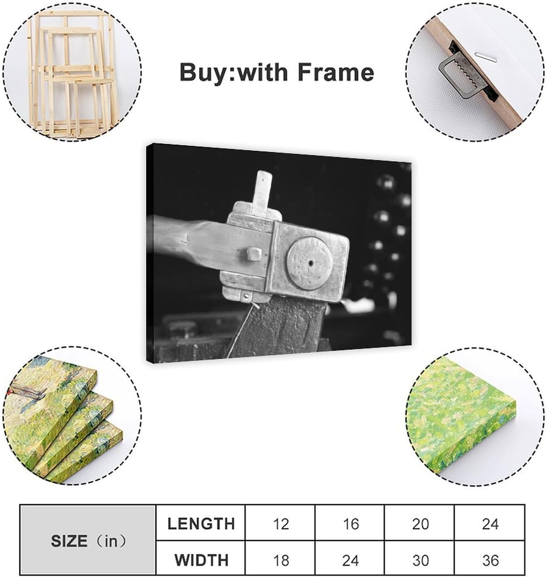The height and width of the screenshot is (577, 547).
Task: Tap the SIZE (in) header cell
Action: click(88, 541)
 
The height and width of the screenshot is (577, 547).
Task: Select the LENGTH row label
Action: click(201, 523)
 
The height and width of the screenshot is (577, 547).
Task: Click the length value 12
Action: click(281, 524)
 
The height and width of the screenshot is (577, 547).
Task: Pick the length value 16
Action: click(351, 524)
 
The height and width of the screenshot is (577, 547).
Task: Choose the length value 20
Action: click(420, 524)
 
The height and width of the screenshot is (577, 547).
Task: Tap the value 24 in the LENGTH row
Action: click(490, 524)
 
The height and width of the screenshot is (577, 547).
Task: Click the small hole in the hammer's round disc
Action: click(311, 263)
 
